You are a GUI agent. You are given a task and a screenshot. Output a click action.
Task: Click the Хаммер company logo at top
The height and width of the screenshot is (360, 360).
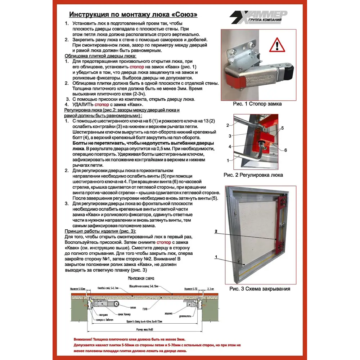click(x=258, y=17)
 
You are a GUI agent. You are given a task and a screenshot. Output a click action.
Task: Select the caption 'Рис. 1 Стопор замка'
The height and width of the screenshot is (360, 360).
click(x=257, y=104)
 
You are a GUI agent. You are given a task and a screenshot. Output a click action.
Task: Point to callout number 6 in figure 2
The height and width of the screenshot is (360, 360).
click(x=285, y=150)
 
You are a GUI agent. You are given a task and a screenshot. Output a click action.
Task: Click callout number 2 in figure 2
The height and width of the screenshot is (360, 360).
click(x=228, y=125)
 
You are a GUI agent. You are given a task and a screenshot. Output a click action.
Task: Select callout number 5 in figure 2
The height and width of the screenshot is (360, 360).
click(x=283, y=128)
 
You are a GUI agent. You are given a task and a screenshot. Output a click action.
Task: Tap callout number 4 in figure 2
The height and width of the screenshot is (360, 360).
click(x=229, y=147)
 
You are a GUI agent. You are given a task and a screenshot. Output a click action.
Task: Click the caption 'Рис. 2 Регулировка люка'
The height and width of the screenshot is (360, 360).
click(x=253, y=175)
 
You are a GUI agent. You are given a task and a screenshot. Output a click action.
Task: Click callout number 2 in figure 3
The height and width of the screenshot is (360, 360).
click(x=216, y=231)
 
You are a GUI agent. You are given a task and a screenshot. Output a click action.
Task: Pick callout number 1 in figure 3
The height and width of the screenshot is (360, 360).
click(x=216, y=257)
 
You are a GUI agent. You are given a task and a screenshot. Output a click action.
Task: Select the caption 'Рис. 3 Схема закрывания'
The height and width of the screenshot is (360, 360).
click(x=260, y=289)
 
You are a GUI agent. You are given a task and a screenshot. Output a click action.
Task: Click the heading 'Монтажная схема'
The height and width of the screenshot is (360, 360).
click(x=141, y=279)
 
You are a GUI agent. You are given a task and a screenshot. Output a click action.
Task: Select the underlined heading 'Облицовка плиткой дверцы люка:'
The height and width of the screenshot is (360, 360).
click(x=100, y=57)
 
